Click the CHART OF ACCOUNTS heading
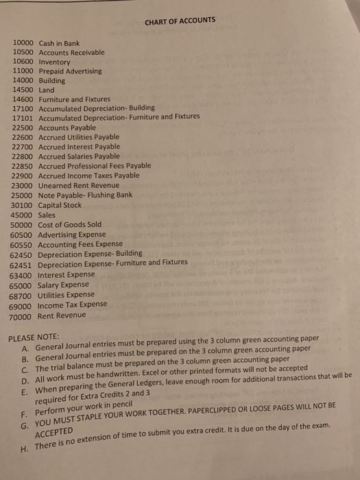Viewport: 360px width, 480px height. tap(180, 21)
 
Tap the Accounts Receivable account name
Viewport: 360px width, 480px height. tap(72, 52)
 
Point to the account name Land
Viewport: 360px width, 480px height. tap(47, 90)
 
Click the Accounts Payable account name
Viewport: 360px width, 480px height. tap(67, 128)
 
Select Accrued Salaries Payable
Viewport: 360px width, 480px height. tap(79, 156)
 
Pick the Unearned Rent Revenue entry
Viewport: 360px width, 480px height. tap(77, 185)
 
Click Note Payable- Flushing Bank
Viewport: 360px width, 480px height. tap(85, 195)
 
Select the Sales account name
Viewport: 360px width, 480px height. tap(47, 214)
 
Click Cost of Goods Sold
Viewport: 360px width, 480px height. tap(69, 224)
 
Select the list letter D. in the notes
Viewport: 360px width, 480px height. tap(26, 376)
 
